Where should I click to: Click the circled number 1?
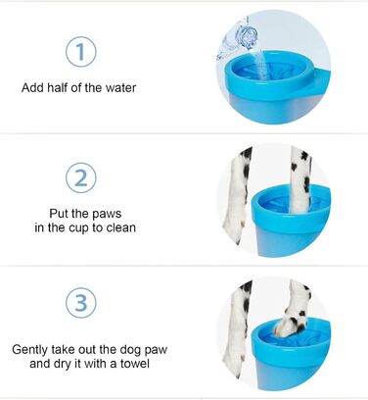(81, 52)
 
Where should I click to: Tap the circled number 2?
(81, 178)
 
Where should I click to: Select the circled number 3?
(81, 303)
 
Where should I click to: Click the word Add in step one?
(33, 87)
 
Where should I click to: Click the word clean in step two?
(120, 227)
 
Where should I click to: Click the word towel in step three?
(135, 364)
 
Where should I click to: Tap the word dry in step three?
(61, 364)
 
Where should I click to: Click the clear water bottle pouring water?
(238, 37)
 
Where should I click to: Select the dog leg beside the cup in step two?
(237, 195)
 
